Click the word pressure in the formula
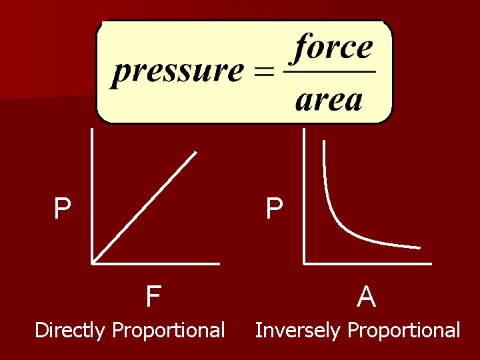177,71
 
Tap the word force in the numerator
334,47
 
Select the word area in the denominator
329,100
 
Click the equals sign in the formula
265,71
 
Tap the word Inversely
299,330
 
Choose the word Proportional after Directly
169,330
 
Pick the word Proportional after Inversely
404,330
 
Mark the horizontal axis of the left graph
157,262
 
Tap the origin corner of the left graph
93,262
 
